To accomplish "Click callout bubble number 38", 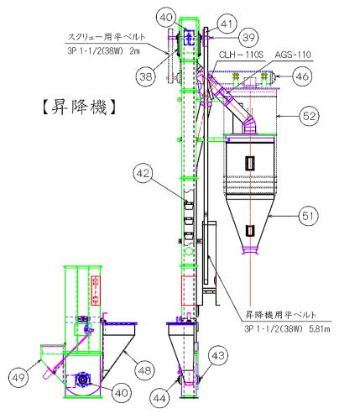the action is (x=146, y=76).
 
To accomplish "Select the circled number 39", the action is (x=248, y=37).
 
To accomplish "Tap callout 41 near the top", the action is (x=227, y=24).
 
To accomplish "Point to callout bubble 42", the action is (x=143, y=174).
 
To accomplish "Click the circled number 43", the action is (x=218, y=356).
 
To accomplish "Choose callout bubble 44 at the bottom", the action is (x=159, y=398).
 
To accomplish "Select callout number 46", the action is (x=302, y=76).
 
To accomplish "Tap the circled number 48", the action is (x=144, y=371).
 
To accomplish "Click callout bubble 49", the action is (x=18, y=378).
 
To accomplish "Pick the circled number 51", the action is (x=308, y=216).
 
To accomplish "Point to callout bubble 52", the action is (x=309, y=116).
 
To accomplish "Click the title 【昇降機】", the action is (x=79, y=107).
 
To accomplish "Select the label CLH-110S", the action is (x=241, y=55).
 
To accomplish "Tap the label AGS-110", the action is (x=293, y=55).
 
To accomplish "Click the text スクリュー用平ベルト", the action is (x=107, y=37).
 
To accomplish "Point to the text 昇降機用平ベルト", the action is (x=280, y=315).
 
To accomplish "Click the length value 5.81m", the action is (x=320, y=328).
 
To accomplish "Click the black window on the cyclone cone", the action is (x=250, y=231).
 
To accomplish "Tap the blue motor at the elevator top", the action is (x=189, y=38).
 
